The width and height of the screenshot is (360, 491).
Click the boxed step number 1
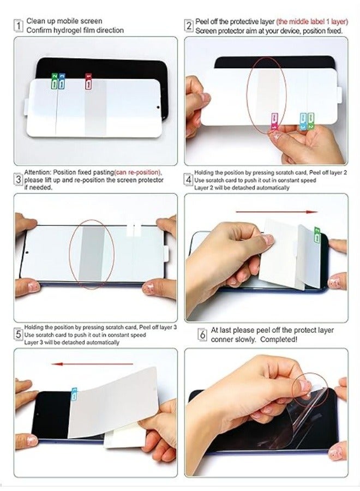pyautogui.click(x=19, y=25)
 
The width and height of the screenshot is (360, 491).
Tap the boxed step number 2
pyautogui.click(x=189, y=26)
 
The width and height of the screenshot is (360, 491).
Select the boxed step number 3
pyautogui.click(x=18, y=179)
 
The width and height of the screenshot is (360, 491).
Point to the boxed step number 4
pyautogui.click(x=188, y=179)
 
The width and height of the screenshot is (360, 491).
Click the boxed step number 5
pyautogui.click(x=18, y=334)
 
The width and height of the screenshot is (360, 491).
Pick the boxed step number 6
pyautogui.click(x=202, y=334)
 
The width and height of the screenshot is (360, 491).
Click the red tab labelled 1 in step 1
pyautogui.click(x=88, y=81)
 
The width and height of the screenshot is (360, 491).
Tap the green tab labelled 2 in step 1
pyautogui.click(x=55, y=81)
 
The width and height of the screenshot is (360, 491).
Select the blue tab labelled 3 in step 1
pyautogui.click(x=62, y=81)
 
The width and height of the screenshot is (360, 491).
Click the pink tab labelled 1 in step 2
pyautogui.click(x=274, y=122)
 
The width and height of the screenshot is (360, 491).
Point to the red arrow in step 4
pyautogui.click(x=277, y=212)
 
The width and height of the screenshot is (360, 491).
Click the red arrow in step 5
pyautogui.click(x=92, y=364)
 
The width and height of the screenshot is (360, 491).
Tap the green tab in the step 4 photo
pyautogui.click(x=317, y=235)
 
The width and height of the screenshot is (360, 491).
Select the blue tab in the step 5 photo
pyautogui.click(x=74, y=394)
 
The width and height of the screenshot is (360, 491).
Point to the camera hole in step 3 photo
pyautogui.click(x=27, y=252)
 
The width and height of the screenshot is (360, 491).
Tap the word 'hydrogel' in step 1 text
pyautogui.click(x=74, y=31)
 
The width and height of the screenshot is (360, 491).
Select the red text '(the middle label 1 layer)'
pyautogui.click(x=312, y=22)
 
